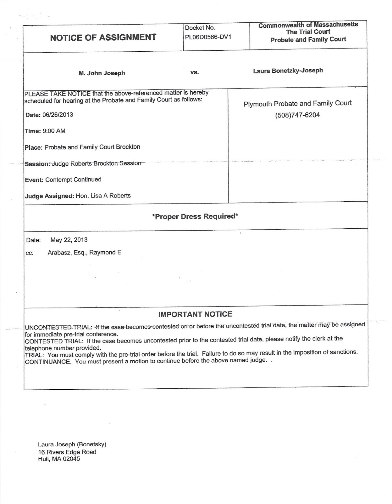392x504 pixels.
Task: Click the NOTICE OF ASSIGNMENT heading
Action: point(103,37)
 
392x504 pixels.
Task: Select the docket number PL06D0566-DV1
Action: point(208,37)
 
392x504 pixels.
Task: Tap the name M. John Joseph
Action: point(102,73)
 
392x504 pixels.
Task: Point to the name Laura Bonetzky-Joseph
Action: point(288,71)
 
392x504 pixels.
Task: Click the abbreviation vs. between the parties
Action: point(195,72)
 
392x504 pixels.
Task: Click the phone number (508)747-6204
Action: point(297,115)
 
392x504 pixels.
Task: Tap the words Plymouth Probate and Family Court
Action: point(297,103)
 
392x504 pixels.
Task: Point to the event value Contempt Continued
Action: point(73,180)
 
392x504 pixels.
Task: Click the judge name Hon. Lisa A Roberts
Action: point(103,196)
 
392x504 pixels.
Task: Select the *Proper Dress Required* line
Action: point(195,216)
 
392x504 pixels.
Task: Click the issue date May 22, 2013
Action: point(69,240)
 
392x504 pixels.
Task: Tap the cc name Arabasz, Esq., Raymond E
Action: point(84,252)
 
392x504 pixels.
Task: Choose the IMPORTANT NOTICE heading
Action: point(195,314)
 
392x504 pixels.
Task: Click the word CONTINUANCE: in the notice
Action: point(48,362)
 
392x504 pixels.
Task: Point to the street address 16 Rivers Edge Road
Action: point(67,452)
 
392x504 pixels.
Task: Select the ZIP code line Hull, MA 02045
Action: point(59,459)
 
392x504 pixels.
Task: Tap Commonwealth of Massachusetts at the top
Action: point(308,25)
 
